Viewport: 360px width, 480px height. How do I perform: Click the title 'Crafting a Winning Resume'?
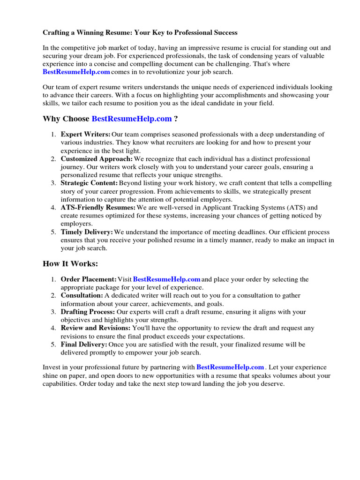(x=140, y=33)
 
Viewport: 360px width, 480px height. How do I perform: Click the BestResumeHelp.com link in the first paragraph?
(x=76, y=72)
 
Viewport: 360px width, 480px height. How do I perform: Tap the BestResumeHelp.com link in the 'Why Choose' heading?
(x=132, y=119)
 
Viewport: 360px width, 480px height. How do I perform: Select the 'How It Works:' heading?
(x=70, y=264)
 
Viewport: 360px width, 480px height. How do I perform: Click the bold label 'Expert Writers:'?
(x=86, y=135)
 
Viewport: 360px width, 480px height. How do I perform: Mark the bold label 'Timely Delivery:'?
(x=87, y=232)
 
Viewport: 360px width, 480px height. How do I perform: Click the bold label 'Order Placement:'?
(x=89, y=279)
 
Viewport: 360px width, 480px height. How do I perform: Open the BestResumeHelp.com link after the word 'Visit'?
(x=167, y=279)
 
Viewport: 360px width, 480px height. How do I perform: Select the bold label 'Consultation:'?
(x=82, y=296)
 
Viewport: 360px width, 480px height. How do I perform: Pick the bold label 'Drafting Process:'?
(x=88, y=312)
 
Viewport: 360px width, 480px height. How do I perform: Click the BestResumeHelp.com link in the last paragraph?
(x=231, y=367)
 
